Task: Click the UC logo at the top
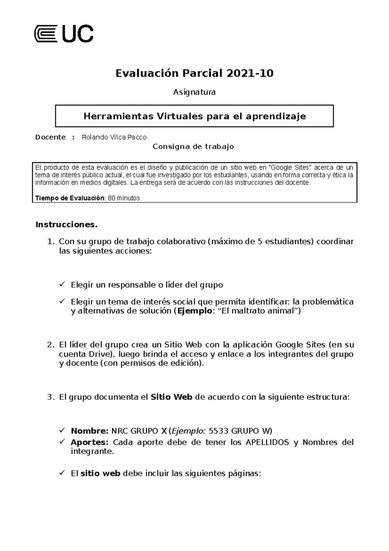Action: [x=64, y=34]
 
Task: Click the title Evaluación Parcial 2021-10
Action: [x=194, y=73]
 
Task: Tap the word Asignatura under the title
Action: [x=194, y=92]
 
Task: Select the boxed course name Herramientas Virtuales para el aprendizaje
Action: [x=194, y=116]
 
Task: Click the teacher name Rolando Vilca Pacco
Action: [x=114, y=137]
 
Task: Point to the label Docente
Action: [x=51, y=137]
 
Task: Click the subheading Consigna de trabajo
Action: [x=193, y=147]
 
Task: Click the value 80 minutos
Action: [x=124, y=198]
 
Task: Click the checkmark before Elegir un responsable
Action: [x=62, y=285]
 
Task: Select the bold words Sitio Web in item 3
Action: [x=171, y=397]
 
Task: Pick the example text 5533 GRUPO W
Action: [x=240, y=431]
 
